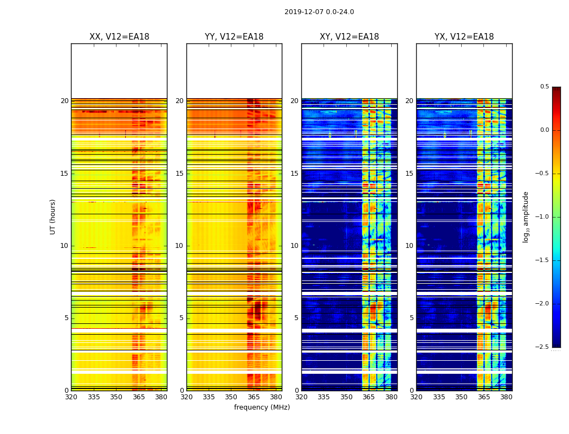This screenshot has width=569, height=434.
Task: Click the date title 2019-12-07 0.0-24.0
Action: coord(319,12)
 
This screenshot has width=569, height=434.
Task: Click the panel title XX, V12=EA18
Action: coord(119,37)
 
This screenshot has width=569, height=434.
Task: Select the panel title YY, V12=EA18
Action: coord(234,37)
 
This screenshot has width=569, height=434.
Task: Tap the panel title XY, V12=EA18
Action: coord(349,37)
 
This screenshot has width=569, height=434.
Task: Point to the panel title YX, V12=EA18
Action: coord(464,37)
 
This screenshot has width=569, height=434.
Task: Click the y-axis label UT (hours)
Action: coord(53,216)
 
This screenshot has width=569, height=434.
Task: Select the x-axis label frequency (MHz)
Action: coord(262,407)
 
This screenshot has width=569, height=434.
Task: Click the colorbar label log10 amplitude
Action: coord(526,216)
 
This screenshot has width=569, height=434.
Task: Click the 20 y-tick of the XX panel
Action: coord(64,101)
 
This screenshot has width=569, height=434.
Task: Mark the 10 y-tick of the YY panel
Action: coord(179,246)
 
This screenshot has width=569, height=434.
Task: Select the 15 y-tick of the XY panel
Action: coord(294,174)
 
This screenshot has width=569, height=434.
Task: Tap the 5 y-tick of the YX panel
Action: coord(411,318)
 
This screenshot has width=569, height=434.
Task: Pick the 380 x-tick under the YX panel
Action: coord(506,397)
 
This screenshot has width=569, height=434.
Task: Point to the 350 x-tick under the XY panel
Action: coord(346,397)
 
